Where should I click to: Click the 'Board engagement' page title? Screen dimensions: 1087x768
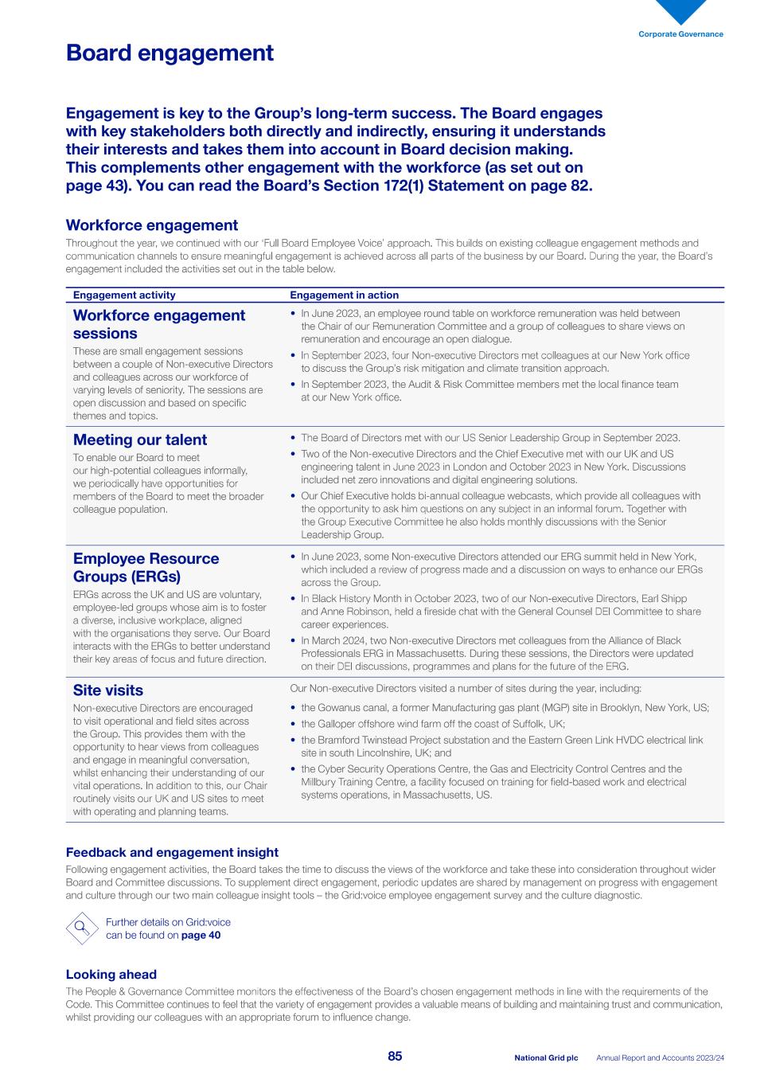click(170, 53)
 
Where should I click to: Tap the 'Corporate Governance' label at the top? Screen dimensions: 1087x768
click(680, 34)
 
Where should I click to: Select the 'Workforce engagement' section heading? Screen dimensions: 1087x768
click(151, 225)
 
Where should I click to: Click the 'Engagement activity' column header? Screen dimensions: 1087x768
click(124, 295)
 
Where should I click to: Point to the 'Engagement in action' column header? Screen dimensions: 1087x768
click(344, 295)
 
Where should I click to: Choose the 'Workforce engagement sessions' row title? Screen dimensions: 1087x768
click(159, 324)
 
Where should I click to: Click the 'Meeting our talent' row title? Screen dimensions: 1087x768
click(140, 440)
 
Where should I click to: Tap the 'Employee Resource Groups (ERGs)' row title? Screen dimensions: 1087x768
click(146, 567)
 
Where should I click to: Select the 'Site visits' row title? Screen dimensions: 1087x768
click(108, 690)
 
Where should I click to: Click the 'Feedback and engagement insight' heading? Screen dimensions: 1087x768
click(172, 853)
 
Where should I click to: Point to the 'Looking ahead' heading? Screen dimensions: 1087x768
click(111, 975)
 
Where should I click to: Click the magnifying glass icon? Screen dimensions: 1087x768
click(81, 929)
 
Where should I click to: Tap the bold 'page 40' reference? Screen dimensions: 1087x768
click(201, 936)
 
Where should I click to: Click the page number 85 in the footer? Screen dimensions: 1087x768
click(395, 1057)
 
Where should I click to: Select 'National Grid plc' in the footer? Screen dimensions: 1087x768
click(546, 1058)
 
